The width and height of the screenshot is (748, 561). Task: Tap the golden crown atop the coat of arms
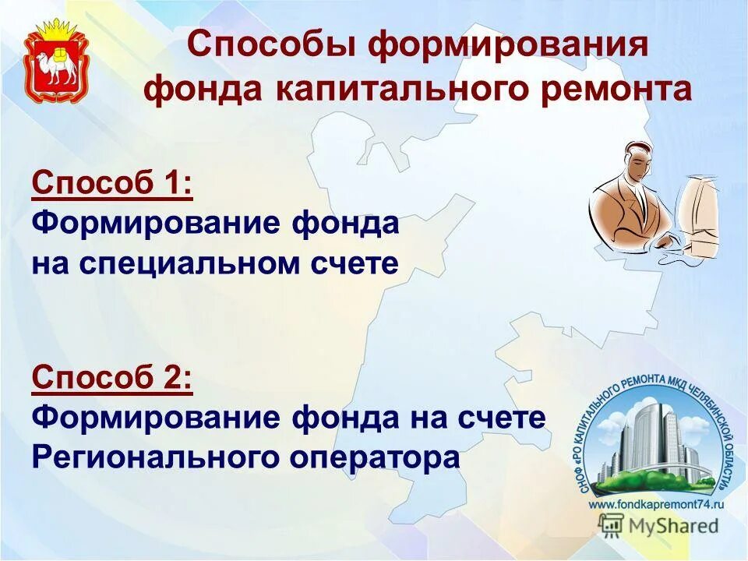point(56,32)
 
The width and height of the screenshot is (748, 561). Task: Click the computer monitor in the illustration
point(698,214)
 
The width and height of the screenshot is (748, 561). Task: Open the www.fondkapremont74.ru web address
point(656,505)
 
